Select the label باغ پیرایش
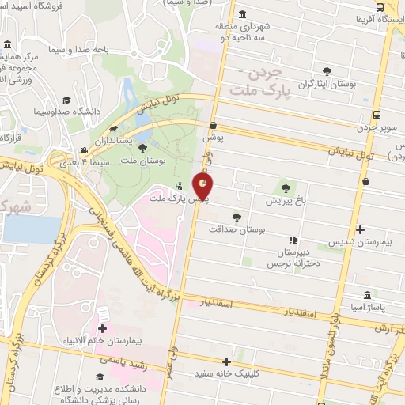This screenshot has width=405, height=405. coord(286,201)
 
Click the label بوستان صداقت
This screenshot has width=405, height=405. coord(235,229)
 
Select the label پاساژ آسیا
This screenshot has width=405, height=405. coord(364,305)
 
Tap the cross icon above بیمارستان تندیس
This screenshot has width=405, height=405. coord(361,229)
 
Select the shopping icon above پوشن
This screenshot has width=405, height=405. coord(213,125)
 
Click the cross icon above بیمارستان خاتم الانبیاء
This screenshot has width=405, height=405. coord(102,328)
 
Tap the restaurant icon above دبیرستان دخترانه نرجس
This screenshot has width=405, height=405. coord(292,239)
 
